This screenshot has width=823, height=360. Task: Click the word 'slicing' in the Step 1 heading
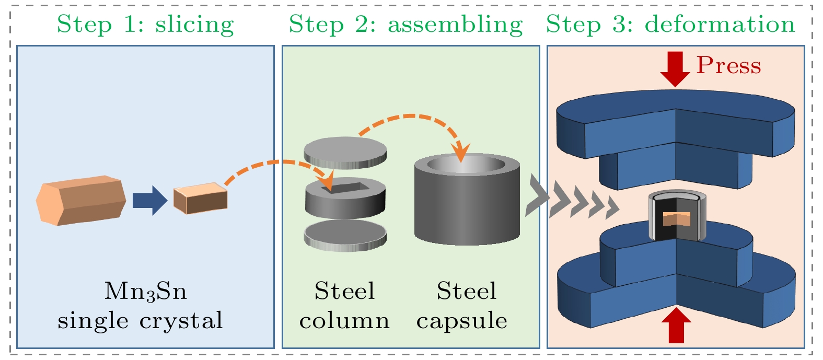pos(194,25)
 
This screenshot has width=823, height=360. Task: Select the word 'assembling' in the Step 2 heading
pos(455,25)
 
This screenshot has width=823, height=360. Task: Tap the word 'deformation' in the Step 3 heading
pos(720,25)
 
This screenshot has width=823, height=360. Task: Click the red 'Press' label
pos(728,66)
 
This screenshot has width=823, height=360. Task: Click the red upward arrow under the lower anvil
pos(676,325)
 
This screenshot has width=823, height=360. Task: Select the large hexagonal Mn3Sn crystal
pos(81,201)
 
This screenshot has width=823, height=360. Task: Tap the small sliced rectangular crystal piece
pos(201,199)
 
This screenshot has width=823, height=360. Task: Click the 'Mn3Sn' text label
pos(145,292)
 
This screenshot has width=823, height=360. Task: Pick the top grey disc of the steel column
pos(345,152)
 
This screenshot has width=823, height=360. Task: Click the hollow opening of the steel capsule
pos(467,164)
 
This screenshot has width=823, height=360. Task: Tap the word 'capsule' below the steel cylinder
pos(462,321)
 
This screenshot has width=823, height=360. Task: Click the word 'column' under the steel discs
pos(344,321)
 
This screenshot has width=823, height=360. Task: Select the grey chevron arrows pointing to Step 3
pos(572,201)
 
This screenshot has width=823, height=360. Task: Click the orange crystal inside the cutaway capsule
pos(677,219)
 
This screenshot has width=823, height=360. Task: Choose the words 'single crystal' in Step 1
pos(140,321)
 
